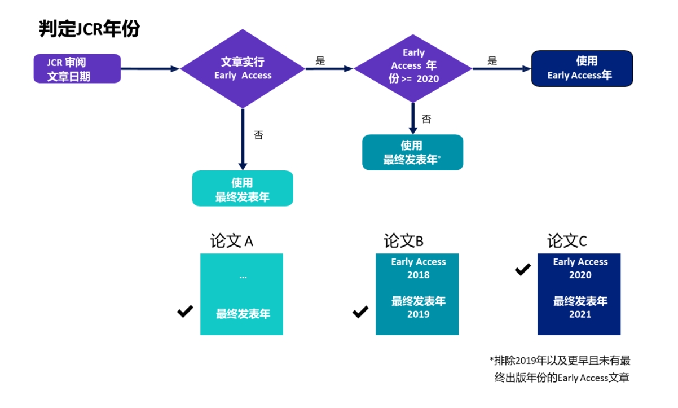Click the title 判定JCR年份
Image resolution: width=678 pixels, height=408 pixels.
tap(89, 29)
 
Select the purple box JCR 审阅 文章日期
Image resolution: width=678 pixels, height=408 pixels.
tap(77, 69)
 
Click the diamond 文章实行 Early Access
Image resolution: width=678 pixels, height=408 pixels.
tap(243, 69)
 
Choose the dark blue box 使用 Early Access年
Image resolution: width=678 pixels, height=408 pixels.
tap(582, 68)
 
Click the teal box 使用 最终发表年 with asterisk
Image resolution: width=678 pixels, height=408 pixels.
tap(412, 152)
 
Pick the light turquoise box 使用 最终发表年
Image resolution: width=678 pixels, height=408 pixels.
tap(243, 188)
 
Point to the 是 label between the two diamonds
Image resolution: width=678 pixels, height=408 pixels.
tap(320, 61)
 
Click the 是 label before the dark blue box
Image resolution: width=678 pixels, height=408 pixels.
tap(492, 61)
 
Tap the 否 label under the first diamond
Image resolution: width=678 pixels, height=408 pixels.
tap(258, 135)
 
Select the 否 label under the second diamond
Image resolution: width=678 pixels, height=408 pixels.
tap(426, 119)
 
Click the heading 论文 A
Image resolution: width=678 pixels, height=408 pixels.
tap(232, 242)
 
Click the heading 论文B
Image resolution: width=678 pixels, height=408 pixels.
tap(403, 242)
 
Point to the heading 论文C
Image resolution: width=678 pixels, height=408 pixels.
tap(567, 242)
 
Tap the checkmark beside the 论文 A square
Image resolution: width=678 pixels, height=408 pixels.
tap(185, 311)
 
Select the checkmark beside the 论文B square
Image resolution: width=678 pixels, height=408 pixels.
tap(360, 312)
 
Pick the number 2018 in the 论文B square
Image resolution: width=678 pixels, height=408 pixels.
tap(418, 275)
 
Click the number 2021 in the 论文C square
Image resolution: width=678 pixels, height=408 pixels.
tap(580, 314)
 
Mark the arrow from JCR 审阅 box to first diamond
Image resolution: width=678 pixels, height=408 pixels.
tap(150, 69)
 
